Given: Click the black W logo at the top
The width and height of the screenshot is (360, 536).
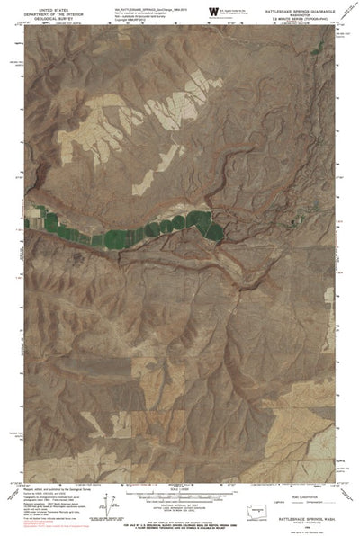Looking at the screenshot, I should [213, 11].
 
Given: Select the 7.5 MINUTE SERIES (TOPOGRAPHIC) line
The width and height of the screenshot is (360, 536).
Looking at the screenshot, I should [293, 19].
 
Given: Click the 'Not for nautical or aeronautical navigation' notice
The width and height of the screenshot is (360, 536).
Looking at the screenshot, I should [144, 12].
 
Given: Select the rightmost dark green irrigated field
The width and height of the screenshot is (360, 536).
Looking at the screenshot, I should [213, 229].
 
